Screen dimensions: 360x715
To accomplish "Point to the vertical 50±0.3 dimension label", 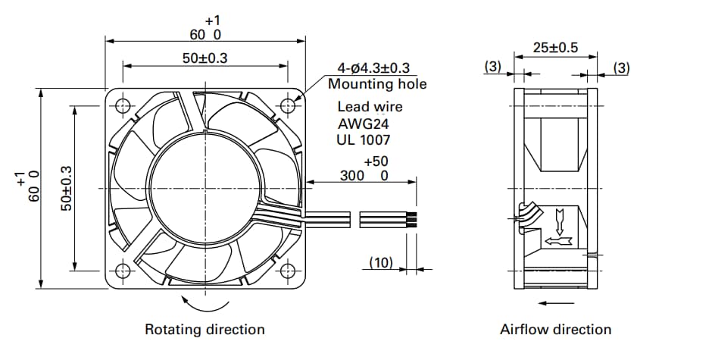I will (x=66, y=188).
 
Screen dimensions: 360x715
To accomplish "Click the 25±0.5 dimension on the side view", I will (x=555, y=47).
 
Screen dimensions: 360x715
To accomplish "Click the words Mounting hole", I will (x=377, y=84).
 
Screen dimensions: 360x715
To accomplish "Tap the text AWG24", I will (x=361, y=124).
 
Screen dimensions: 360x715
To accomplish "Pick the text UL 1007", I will (x=364, y=139).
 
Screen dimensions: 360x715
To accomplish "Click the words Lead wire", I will (x=370, y=107).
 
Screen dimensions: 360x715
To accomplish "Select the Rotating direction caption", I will (x=205, y=330).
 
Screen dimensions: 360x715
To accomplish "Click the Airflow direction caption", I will (x=555, y=330).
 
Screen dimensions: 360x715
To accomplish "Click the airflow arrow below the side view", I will (x=555, y=303).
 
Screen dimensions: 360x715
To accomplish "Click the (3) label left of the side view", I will (x=493, y=67).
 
